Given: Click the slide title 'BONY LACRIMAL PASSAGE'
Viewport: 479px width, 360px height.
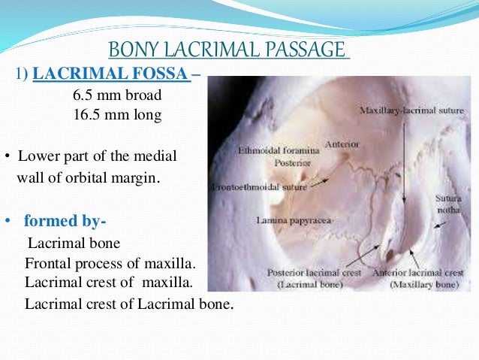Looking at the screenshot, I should (229, 51).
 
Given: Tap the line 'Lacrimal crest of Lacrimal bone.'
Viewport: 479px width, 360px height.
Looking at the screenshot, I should (129, 304).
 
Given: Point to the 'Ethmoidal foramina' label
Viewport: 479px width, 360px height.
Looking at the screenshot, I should (279, 150).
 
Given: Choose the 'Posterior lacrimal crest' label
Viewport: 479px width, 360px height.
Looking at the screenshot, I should (309, 272).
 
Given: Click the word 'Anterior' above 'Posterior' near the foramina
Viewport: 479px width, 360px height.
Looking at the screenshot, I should (342, 143).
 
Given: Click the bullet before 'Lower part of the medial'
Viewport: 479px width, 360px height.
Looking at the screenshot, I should (6, 158).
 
